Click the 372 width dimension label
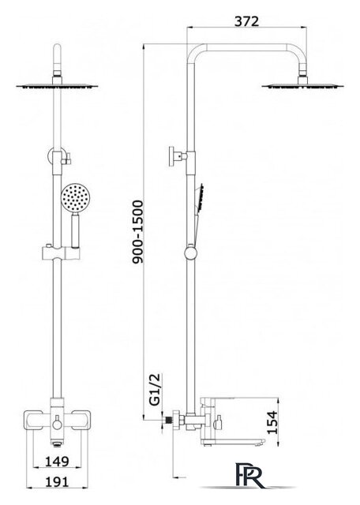tap(246, 21)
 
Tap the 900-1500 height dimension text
tap(137, 232)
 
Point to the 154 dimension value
tap(272, 422)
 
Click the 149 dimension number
tap(57, 461)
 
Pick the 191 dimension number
tap(57, 481)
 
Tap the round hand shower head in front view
tap(74, 198)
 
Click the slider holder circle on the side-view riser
tap(191, 252)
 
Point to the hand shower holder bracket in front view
tap(61, 253)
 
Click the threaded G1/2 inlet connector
tap(168, 420)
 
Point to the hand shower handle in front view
tap(75, 230)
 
